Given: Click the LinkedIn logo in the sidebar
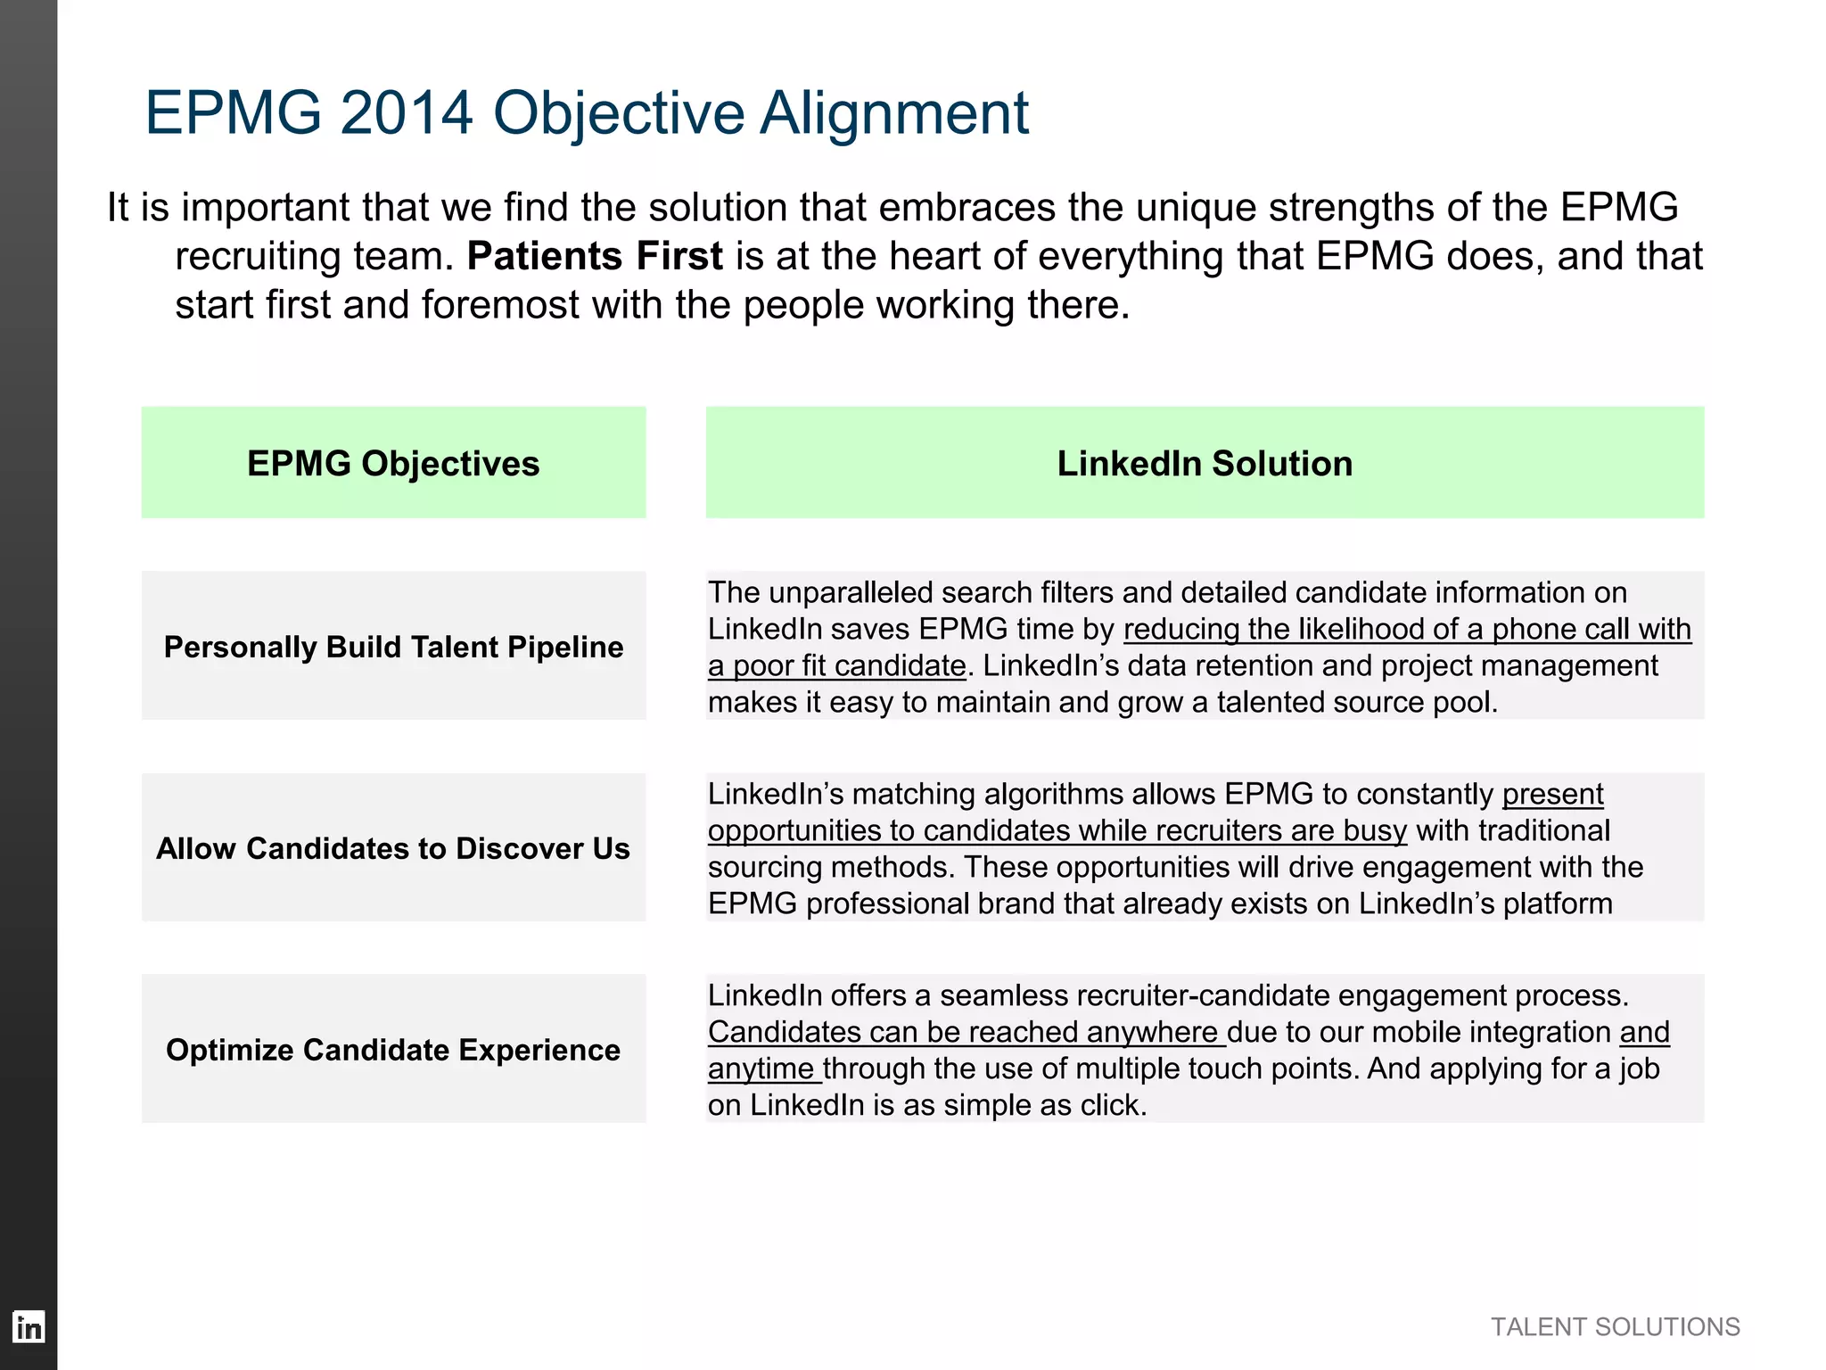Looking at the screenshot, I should tap(29, 1327).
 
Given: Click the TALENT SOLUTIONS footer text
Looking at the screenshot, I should tap(1615, 1327).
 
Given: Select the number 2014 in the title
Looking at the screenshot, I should tap(406, 113).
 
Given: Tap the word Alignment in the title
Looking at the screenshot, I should tap(894, 113).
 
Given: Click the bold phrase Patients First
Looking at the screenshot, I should tap(595, 256).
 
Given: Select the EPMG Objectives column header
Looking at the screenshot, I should tap(393, 464).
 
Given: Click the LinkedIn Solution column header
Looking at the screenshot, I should tap(1205, 464).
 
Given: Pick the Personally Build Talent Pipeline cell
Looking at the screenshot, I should tap(393, 647).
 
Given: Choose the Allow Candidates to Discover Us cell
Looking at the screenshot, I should tap(393, 848).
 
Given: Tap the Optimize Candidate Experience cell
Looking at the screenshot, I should tap(393, 1050).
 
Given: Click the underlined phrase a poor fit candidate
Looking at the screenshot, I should tap(836, 666).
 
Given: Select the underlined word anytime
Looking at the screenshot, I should tap(761, 1069).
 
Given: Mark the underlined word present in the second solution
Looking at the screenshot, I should tap(1552, 795).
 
